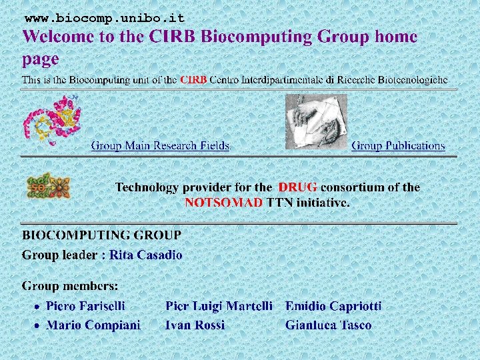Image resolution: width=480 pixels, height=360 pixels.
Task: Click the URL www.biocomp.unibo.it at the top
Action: (104, 18)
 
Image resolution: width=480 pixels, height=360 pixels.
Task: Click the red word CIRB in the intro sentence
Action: (193, 80)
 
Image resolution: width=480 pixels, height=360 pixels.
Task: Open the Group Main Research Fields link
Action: (160, 145)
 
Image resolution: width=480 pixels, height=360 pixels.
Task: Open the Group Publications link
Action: (398, 145)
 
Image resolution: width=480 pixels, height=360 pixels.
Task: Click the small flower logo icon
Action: (47, 186)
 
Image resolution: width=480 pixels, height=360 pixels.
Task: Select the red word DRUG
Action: (297, 187)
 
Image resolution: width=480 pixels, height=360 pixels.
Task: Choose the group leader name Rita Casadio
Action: (146, 255)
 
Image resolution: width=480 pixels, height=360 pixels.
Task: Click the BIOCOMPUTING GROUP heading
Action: (101, 235)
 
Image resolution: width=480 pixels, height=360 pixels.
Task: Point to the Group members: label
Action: (70, 286)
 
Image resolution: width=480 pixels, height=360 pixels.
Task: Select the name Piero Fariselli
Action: (85, 306)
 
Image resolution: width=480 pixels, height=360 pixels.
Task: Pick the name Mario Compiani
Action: (93, 325)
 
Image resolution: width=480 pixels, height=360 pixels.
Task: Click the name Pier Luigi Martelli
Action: (219, 306)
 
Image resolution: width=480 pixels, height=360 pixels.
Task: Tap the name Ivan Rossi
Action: (195, 325)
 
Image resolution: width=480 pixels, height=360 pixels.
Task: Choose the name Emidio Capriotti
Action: (333, 306)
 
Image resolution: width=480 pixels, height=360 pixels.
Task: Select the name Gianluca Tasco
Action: (328, 325)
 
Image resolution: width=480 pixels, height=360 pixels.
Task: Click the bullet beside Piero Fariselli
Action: (38, 307)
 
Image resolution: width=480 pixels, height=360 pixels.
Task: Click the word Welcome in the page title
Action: (59, 37)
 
